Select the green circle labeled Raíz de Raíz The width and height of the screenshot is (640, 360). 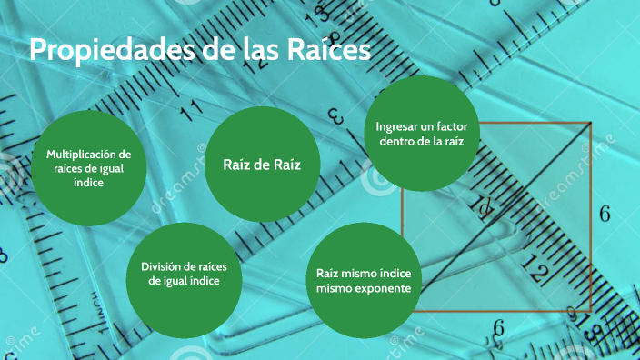(x=262, y=164)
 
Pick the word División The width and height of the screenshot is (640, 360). (x=162, y=266)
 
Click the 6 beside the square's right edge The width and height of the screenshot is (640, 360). (x=605, y=215)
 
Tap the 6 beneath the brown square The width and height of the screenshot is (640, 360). (x=498, y=328)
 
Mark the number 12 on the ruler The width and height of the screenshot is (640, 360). (x=535, y=271)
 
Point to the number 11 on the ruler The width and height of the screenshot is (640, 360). (x=192, y=113)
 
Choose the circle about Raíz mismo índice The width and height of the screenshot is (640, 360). (x=364, y=280)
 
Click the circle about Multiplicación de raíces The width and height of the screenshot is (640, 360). (x=89, y=168)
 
